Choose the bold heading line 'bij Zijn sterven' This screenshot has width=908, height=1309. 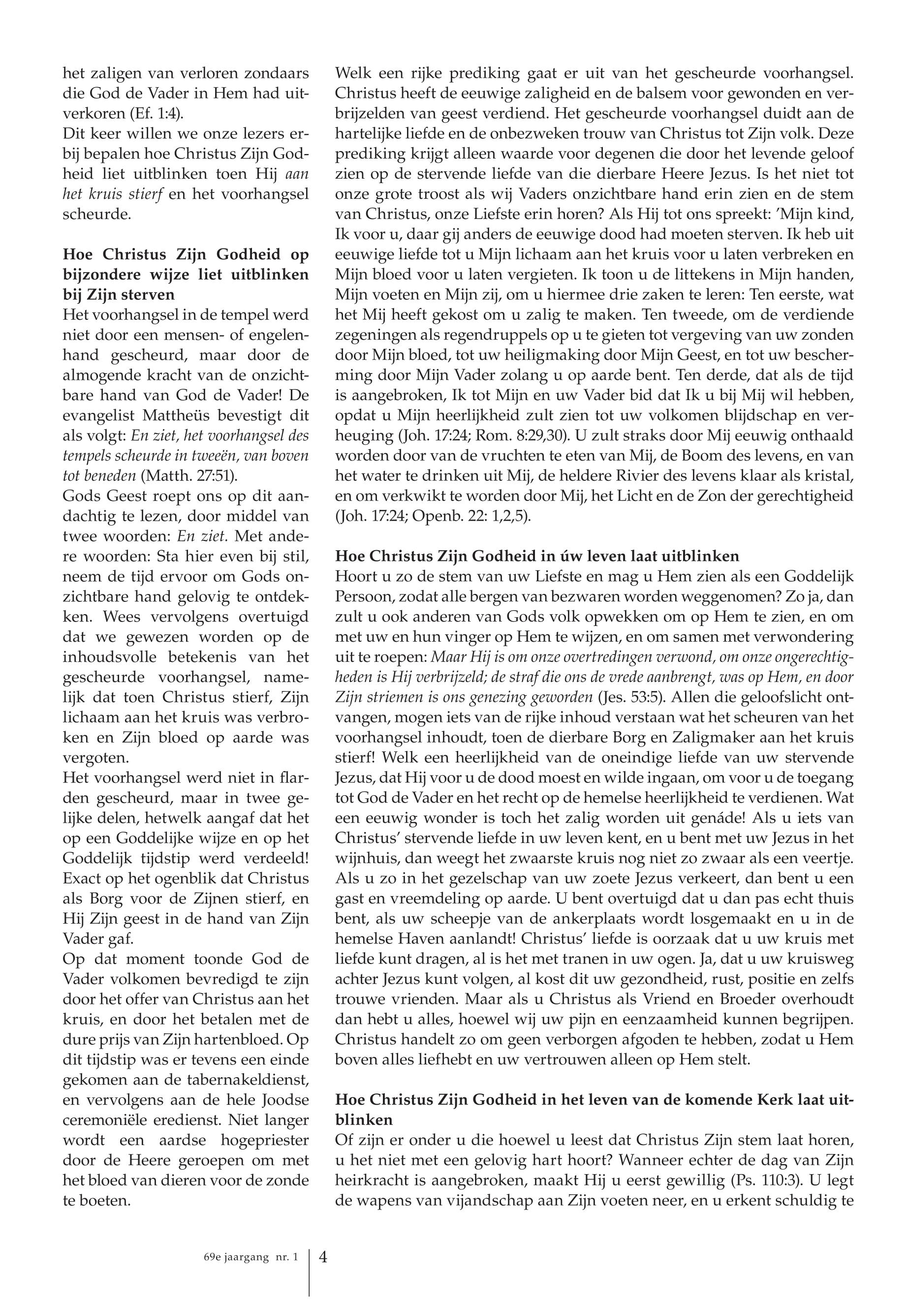pos(119,295)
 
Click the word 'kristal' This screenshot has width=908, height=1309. pos(834,475)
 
